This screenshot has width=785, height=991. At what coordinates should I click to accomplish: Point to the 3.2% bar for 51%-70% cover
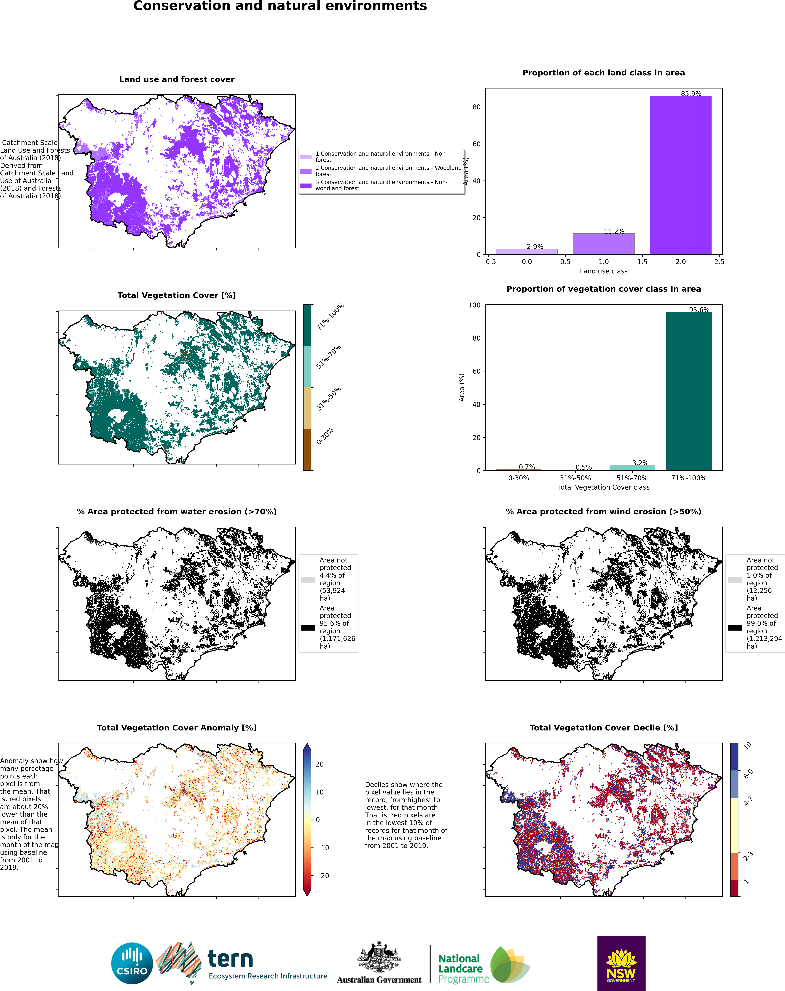tap(632, 468)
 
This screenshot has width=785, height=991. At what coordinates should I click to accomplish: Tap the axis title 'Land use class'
tap(603, 271)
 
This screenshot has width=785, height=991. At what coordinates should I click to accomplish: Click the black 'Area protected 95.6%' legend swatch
tap(308, 628)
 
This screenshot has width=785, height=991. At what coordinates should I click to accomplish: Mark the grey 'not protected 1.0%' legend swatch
tap(734, 580)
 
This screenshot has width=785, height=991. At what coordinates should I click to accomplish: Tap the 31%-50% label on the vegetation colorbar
tap(329, 398)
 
